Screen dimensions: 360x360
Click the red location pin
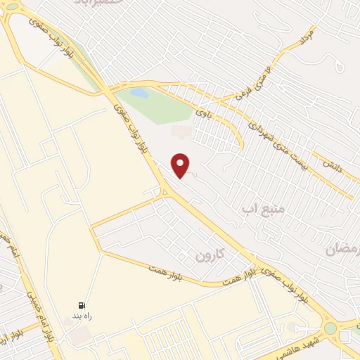point(181,165)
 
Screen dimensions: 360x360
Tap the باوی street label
point(203,111)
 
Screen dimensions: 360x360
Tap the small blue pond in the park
point(139,92)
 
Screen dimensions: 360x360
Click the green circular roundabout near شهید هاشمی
point(330,328)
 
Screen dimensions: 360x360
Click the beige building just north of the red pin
point(180,131)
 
